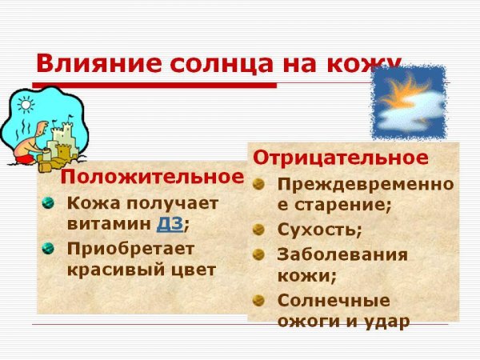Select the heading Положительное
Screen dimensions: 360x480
[x=153, y=176]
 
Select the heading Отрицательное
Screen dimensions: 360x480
[x=340, y=158]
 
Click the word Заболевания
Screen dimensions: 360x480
[x=342, y=255]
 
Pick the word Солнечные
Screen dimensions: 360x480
[x=334, y=302]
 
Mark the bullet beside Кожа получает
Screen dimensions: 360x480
[x=47, y=201]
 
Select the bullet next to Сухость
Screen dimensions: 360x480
[x=258, y=230]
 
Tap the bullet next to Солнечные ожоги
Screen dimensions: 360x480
[x=258, y=301]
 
